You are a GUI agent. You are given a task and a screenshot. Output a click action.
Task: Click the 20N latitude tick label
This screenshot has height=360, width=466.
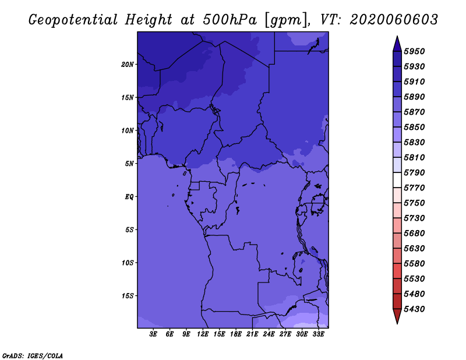click(128, 65)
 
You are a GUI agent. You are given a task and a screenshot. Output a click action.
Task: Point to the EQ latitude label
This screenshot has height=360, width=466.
click(129, 197)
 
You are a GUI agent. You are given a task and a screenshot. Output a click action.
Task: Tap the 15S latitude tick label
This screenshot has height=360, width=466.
click(128, 296)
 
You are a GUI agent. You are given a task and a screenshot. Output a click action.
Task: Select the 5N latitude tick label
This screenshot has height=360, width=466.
click(129, 164)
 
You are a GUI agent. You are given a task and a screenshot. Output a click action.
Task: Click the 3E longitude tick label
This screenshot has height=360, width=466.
click(153, 334)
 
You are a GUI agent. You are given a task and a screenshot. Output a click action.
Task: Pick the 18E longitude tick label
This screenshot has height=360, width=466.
click(236, 334)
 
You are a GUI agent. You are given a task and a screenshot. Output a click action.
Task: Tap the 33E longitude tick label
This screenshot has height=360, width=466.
click(318, 334)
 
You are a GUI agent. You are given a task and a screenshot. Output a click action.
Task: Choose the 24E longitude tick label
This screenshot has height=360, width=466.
click(269, 334)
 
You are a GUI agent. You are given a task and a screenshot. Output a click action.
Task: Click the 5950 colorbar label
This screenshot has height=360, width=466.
click(414, 51)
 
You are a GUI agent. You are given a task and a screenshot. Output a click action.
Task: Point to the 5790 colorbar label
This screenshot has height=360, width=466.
click(414, 172)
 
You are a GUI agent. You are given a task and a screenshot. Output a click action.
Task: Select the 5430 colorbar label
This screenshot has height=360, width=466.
click(414, 309)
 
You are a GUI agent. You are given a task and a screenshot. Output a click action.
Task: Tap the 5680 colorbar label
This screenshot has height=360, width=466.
click(414, 234)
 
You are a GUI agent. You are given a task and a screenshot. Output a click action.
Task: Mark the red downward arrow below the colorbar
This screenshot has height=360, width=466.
click(397, 316)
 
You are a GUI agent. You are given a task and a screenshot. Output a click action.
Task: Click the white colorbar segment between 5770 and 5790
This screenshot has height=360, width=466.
click(397, 180)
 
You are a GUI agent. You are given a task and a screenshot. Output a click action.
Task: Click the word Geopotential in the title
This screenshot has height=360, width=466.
click(73, 20)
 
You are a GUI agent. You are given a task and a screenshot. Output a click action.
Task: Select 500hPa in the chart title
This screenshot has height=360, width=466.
click(230, 20)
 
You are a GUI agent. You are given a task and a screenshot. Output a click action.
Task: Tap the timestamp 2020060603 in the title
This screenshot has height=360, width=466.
click(394, 20)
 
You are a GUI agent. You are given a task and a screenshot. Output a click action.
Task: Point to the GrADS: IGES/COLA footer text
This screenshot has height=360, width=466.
click(33, 356)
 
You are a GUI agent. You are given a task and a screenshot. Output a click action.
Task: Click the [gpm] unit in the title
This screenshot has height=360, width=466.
click(287, 20)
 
